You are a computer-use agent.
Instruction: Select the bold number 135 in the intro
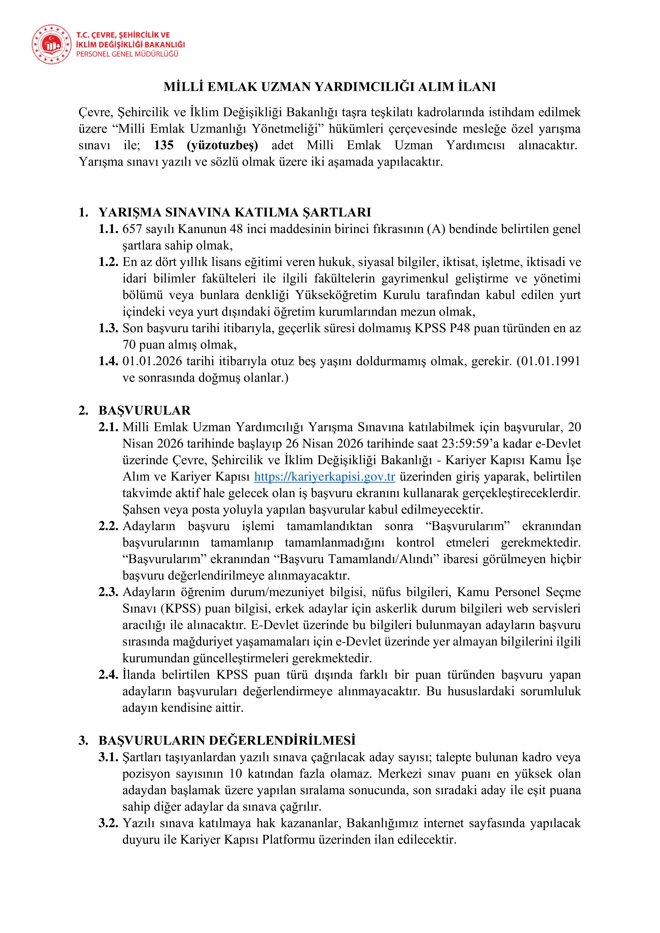(164, 145)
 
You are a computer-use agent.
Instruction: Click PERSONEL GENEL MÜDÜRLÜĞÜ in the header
(128, 54)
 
